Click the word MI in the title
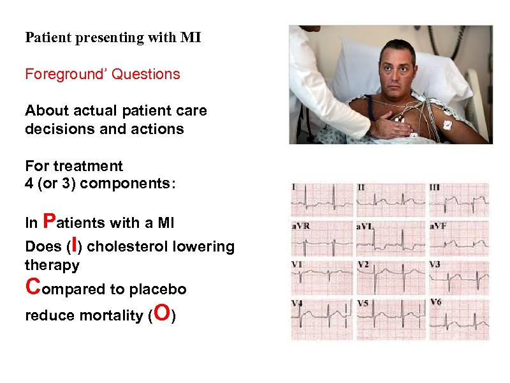tap(191, 38)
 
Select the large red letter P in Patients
tap(47, 221)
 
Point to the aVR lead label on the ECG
tap(301, 227)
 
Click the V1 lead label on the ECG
tap(298, 264)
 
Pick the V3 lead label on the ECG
tap(435, 264)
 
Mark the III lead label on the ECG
tap(435, 188)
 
